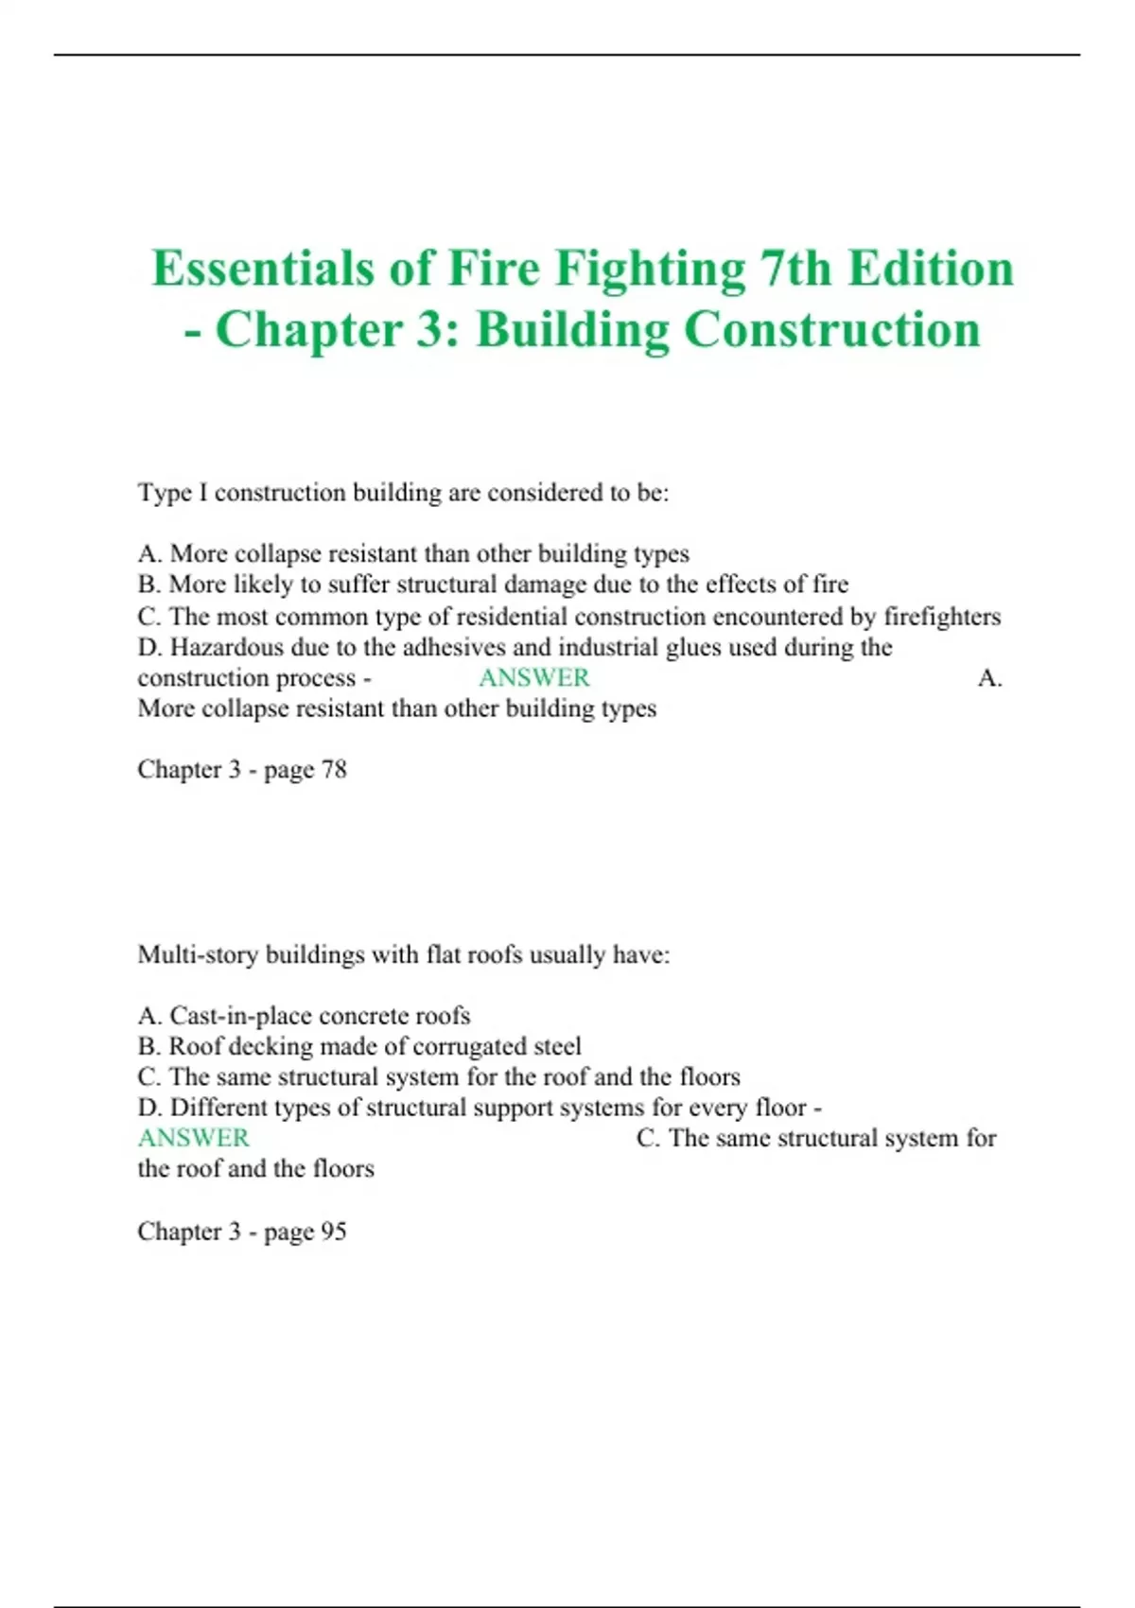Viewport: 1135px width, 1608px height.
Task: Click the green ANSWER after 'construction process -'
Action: coord(533,677)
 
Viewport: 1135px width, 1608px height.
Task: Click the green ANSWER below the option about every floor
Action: coord(193,1138)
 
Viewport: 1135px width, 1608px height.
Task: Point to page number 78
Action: coord(334,769)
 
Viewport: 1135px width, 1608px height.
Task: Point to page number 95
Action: coord(334,1231)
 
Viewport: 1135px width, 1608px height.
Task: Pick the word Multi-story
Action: coord(198,954)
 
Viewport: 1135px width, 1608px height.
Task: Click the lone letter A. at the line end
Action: coord(989,677)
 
